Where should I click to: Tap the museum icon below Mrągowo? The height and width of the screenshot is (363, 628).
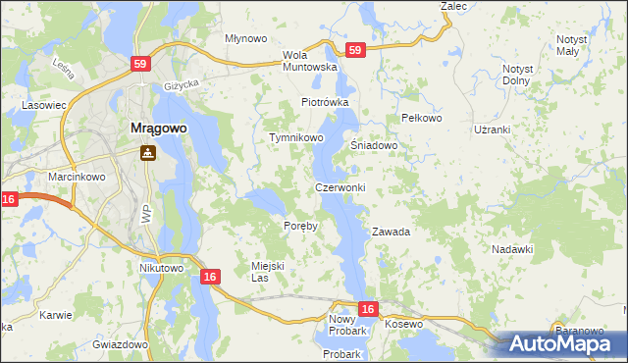[148, 152]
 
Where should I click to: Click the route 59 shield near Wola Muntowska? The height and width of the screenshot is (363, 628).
[355, 49]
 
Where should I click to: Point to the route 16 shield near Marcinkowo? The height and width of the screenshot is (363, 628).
[9, 199]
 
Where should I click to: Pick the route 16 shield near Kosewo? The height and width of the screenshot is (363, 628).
[367, 310]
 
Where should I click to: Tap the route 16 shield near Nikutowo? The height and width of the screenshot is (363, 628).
[209, 278]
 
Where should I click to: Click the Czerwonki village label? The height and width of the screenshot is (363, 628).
[340, 187]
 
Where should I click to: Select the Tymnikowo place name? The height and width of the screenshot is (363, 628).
[296, 138]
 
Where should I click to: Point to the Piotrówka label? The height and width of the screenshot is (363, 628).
[325, 102]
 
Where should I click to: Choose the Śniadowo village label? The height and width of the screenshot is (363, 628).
[374, 145]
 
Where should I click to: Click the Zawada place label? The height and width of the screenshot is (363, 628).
[390, 233]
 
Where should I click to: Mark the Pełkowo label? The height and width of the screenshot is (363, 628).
[423, 118]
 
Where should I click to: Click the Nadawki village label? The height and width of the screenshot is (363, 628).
[511, 249]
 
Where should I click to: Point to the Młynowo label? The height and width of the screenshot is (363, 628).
[245, 38]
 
